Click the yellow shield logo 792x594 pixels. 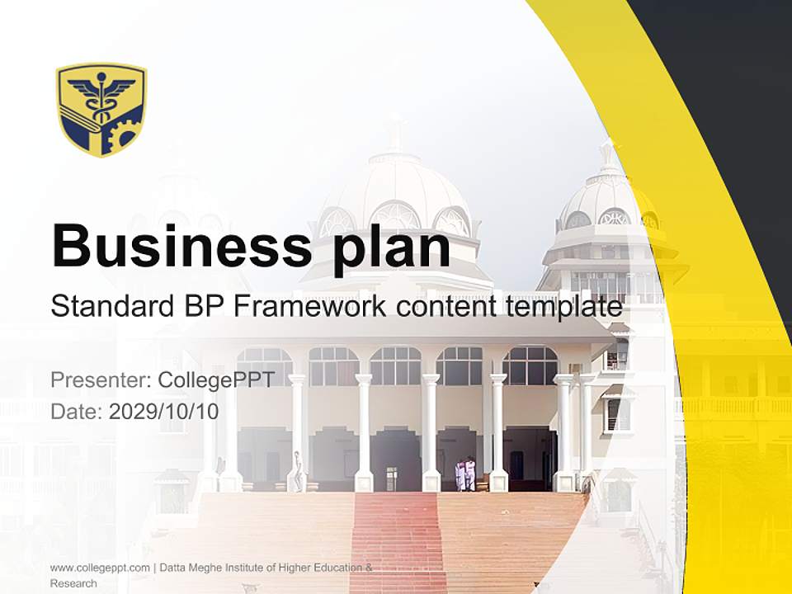pyautogui.click(x=101, y=109)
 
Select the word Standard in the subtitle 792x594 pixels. pyautogui.click(x=109, y=307)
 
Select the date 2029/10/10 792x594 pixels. pyautogui.click(x=164, y=411)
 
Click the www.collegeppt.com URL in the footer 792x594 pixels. pyautogui.click(x=100, y=568)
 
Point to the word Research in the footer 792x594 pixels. pyautogui.click(x=73, y=583)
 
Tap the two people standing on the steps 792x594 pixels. pyautogui.click(x=465, y=474)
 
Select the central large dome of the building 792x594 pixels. pyautogui.click(x=396, y=186)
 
